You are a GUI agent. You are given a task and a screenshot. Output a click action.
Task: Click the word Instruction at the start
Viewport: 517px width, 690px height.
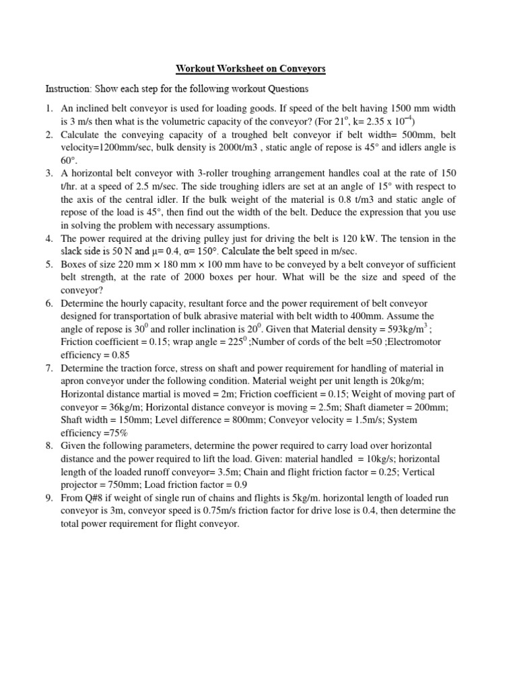click(67, 89)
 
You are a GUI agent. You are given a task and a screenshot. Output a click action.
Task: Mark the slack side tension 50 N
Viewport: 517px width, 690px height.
click(113, 251)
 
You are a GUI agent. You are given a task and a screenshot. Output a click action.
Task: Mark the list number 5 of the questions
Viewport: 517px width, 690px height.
click(49, 264)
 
